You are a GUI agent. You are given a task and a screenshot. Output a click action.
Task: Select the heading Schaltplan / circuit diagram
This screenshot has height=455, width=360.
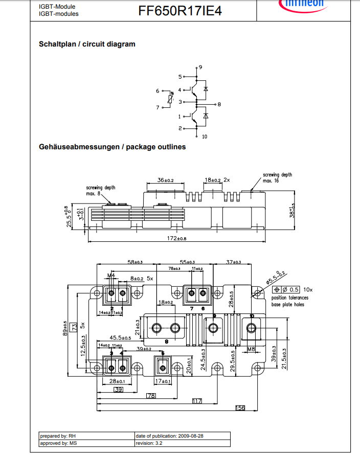87,44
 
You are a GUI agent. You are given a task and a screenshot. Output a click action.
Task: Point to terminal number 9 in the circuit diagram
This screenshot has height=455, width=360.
200,67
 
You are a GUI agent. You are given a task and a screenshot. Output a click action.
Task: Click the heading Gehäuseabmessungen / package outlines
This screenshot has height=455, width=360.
112,147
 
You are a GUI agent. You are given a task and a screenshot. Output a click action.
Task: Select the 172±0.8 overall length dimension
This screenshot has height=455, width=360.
177,239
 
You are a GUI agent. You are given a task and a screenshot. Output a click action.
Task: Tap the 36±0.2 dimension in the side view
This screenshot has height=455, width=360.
165,180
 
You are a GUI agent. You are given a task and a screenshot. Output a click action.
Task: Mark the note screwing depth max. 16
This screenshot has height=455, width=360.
277,178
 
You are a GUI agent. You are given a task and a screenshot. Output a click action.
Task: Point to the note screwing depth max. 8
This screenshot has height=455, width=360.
100,191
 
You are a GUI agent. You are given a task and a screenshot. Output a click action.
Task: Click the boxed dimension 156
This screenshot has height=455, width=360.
239,407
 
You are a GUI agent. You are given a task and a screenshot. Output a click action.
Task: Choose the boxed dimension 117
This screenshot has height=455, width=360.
197,401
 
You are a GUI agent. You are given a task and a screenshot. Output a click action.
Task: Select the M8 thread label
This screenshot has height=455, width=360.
251,350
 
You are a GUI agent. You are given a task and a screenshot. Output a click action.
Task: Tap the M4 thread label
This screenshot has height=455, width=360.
110,276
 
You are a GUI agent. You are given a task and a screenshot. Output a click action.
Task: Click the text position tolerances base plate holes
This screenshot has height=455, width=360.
290,301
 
